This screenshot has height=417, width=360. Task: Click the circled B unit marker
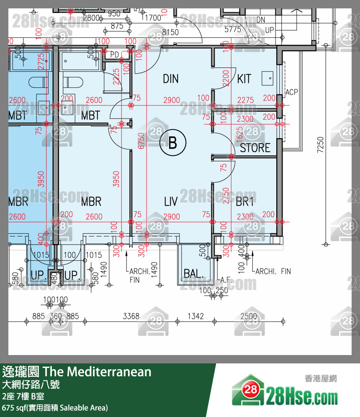pos(172,144)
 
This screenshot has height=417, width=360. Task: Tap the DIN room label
pos(171,79)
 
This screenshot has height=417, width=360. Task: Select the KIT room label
pos(244,79)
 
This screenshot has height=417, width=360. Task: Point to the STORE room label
pos(255,148)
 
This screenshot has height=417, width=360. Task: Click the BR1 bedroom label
pos(245,202)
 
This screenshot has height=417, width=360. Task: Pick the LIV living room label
pos(171,202)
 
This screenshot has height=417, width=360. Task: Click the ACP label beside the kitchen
pos(291,92)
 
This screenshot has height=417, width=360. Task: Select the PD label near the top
pos(114,54)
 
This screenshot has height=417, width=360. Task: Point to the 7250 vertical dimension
pos(321,145)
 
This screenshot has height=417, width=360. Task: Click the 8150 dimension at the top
pos(170,32)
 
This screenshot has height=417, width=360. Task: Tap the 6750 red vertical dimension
pos(141,141)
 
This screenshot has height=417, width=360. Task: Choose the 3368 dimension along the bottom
pos(131,316)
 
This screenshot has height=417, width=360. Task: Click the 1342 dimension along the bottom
pos(195,316)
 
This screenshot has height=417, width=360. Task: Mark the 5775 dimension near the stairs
pos(233,29)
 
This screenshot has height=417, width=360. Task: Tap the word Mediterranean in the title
pos(109,371)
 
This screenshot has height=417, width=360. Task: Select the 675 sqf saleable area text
pos(55,407)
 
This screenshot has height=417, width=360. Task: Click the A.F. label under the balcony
pos(226,279)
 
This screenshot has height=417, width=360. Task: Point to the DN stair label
pos(261,20)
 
